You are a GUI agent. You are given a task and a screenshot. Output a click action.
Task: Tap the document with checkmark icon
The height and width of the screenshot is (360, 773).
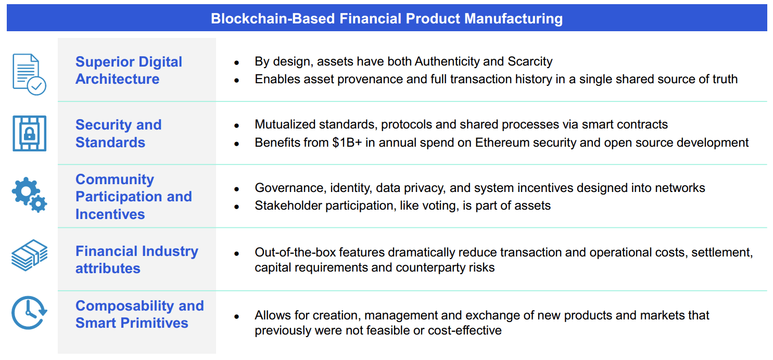(x=29, y=74)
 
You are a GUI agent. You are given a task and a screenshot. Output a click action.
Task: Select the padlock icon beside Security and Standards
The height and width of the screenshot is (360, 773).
(x=29, y=134)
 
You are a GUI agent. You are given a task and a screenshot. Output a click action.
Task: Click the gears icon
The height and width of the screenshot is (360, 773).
(x=29, y=195)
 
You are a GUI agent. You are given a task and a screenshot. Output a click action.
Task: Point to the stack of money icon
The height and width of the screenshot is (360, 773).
(x=29, y=255)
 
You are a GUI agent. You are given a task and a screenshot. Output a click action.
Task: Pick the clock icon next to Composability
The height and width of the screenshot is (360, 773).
(x=29, y=313)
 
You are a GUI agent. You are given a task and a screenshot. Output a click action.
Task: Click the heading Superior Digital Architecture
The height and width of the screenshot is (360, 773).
(x=129, y=70)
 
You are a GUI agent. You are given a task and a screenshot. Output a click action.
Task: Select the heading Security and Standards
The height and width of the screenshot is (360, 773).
(x=118, y=134)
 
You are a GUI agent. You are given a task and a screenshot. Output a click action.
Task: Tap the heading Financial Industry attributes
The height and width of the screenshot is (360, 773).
(x=137, y=260)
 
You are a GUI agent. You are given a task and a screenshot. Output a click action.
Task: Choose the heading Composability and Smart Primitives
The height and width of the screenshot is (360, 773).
(x=140, y=314)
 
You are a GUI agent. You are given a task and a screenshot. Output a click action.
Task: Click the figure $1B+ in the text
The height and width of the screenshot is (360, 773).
(x=347, y=143)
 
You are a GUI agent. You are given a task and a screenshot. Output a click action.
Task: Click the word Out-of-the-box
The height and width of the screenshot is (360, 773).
(x=295, y=252)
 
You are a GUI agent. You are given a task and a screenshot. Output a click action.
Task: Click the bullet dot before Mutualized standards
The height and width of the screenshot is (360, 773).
(x=236, y=125)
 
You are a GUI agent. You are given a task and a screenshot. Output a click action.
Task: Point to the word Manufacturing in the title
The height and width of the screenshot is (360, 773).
(x=513, y=19)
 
